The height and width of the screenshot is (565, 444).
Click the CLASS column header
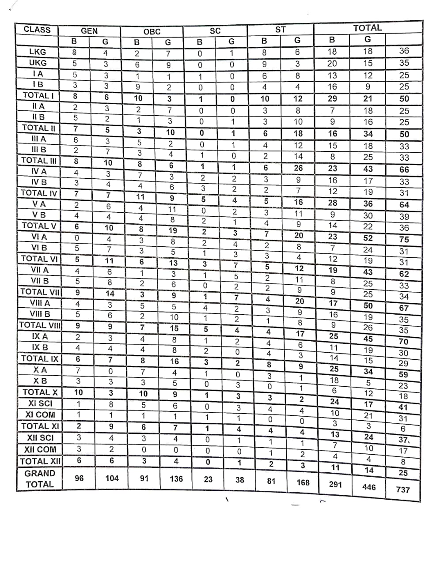click(37, 30)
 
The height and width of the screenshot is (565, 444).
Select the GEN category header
click(89, 31)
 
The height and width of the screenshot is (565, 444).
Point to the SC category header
click(215, 31)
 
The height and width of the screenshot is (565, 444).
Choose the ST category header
click(281, 30)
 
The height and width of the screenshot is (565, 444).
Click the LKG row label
click(38, 52)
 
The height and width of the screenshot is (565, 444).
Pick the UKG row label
click(38, 63)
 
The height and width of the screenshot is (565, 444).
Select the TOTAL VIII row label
click(40, 325)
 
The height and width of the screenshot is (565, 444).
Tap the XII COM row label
click(40, 449)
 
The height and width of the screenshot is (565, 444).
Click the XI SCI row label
click(40, 403)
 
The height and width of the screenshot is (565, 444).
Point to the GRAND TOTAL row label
click(40, 478)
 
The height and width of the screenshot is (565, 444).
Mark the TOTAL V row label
click(39, 226)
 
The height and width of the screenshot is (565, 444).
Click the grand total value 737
click(403, 490)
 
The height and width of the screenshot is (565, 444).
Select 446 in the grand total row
click(369, 487)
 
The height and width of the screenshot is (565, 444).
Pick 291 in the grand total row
click(336, 484)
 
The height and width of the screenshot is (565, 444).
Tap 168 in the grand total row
click(303, 482)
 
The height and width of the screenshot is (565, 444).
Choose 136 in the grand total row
click(176, 478)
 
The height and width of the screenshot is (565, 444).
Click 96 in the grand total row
click(79, 478)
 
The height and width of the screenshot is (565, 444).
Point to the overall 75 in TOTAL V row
click(404, 239)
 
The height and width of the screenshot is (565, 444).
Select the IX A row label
click(40, 336)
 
